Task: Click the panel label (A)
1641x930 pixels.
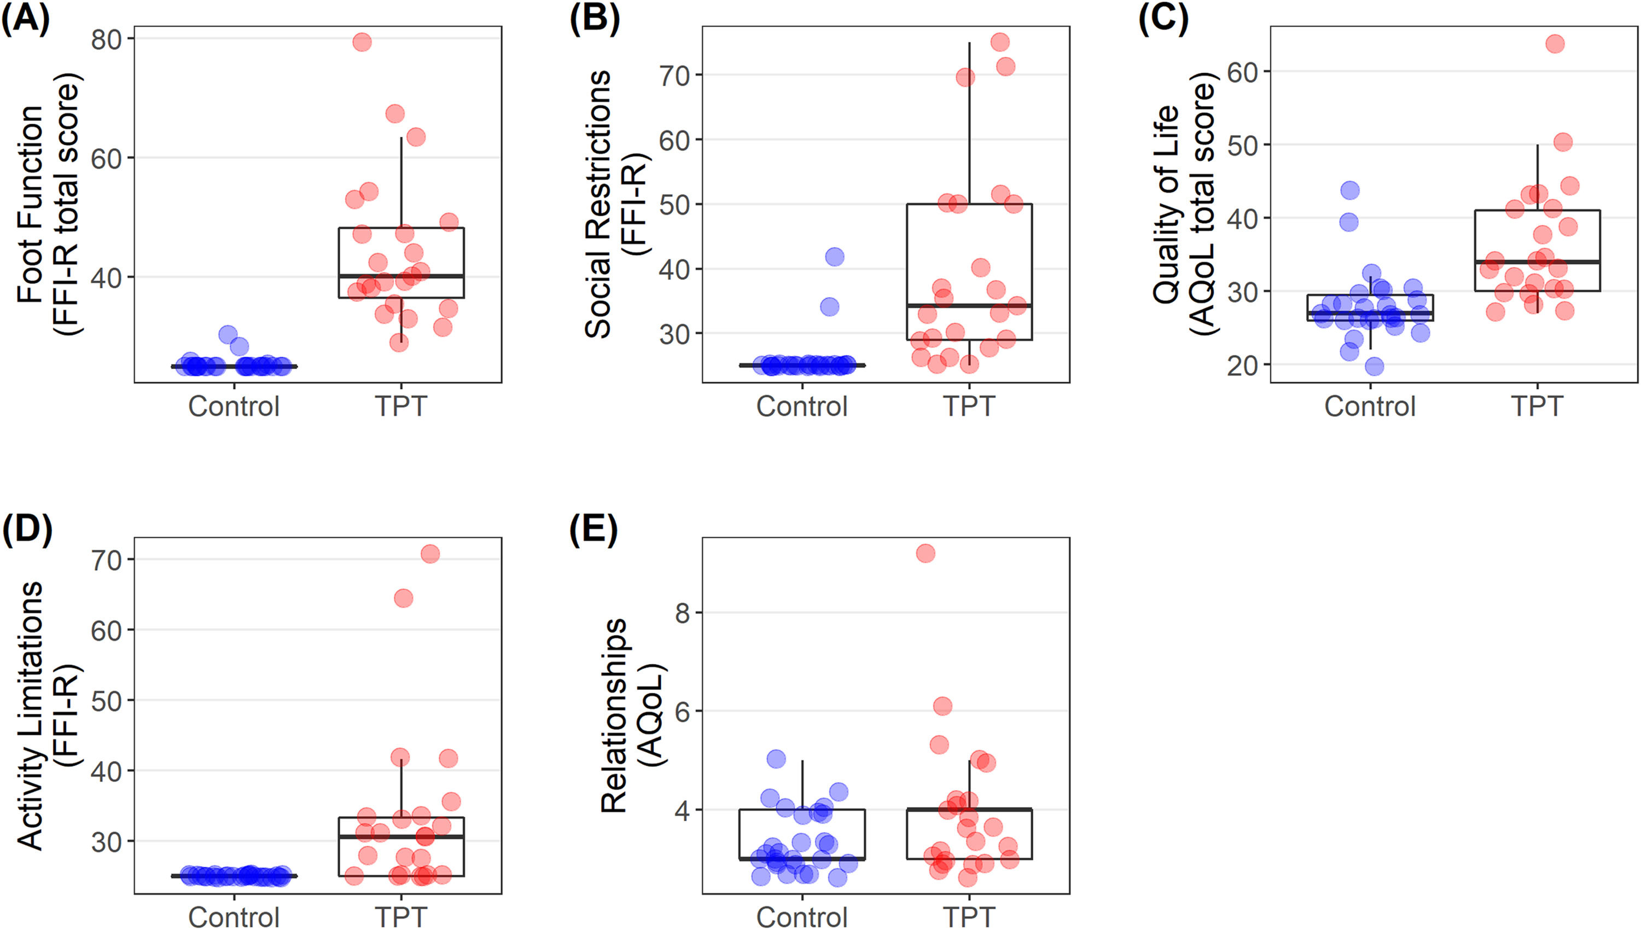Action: coord(26,19)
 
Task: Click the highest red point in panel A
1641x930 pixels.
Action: coord(362,42)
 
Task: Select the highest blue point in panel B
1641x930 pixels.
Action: coord(835,257)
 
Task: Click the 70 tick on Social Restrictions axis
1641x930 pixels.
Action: coord(674,75)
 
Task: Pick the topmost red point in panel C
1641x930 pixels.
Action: coord(1555,44)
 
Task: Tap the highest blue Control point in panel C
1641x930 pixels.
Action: coord(1350,190)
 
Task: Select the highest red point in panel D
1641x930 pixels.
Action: coord(430,553)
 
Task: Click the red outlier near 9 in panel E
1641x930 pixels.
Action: coord(925,553)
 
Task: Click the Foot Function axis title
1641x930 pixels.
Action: coord(48,205)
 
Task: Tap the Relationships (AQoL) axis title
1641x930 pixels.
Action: coord(632,716)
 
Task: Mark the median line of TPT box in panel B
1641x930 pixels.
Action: coord(969,305)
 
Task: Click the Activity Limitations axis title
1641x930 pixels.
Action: coord(48,716)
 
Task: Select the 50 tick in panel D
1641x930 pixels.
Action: coord(106,701)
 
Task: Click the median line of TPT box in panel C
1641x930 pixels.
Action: coord(1537,262)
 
